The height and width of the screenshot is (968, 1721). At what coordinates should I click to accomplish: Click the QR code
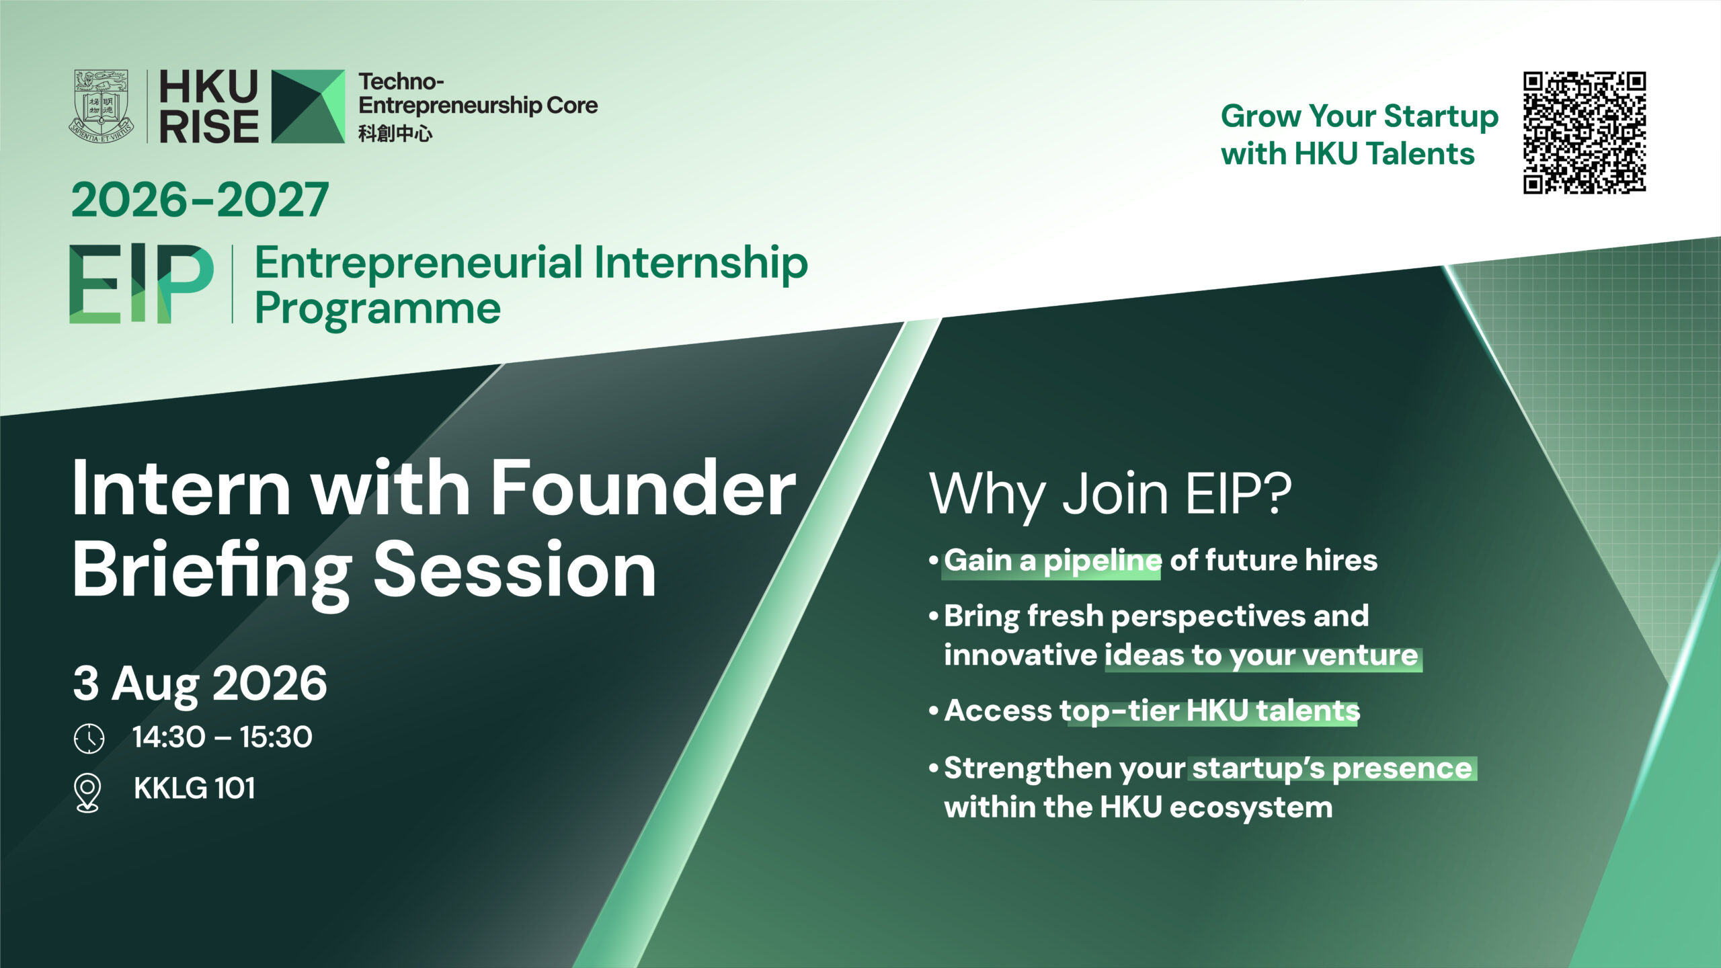(1584, 132)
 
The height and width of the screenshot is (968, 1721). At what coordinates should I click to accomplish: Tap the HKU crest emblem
(101, 106)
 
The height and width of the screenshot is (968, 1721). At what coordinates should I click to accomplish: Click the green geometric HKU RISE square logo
(308, 106)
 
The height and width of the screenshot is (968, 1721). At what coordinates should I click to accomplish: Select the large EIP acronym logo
(142, 284)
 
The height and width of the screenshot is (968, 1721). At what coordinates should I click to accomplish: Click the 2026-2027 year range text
(200, 200)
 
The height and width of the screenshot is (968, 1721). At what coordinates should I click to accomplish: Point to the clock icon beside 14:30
(89, 738)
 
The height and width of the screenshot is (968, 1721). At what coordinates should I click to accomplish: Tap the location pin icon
(88, 793)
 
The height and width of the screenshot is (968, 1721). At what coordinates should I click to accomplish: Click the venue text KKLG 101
(194, 789)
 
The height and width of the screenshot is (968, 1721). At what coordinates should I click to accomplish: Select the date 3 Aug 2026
(200, 684)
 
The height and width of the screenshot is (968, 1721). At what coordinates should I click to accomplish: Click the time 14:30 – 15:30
(223, 737)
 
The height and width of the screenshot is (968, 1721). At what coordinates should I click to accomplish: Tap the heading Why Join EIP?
(1111, 495)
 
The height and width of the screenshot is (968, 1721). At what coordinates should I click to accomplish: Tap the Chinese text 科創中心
(395, 133)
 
